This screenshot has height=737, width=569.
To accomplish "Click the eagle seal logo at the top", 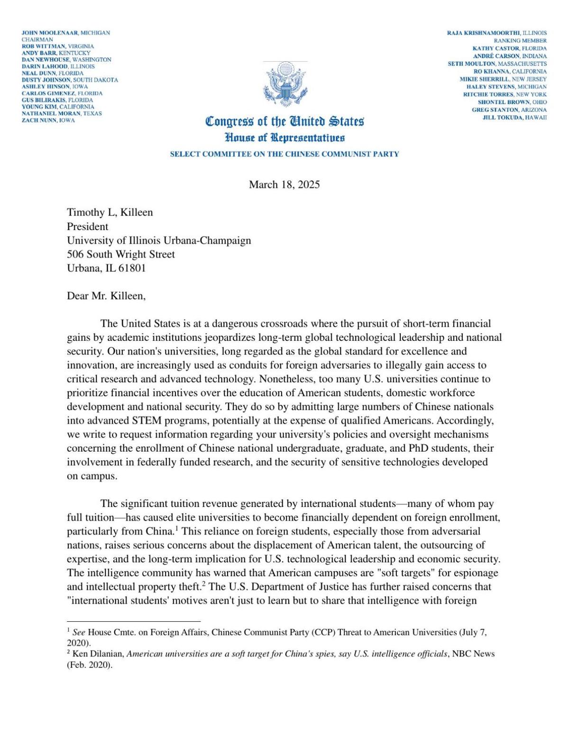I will [x=285, y=85].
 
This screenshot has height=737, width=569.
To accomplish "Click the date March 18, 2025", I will [x=284, y=185].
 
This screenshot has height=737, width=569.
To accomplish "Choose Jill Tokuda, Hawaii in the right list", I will [x=514, y=117].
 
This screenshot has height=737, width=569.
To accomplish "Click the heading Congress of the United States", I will [x=284, y=122].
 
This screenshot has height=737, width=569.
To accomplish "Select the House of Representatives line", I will [x=284, y=138].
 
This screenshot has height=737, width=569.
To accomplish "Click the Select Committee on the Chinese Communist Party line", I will [x=284, y=154].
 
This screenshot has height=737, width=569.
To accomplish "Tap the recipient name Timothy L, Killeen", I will [x=110, y=212].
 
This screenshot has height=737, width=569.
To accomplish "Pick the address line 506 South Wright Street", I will [x=120, y=254].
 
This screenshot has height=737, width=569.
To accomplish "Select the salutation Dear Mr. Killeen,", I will [x=106, y=296].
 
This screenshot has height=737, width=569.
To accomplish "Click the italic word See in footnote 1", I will [x=79, y=633].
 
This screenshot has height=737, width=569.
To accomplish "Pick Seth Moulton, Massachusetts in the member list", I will [x=497, y=64].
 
